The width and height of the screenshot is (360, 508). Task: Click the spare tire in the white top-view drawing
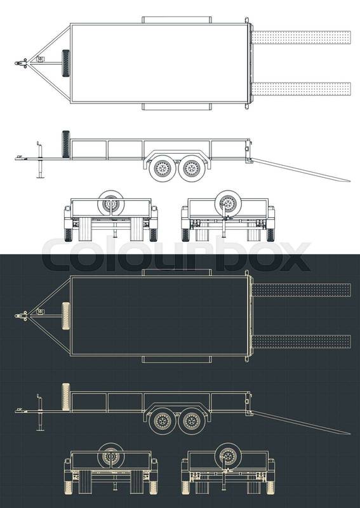65,63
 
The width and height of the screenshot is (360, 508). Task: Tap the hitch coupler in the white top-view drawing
22,63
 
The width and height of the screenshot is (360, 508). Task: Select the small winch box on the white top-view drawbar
41,59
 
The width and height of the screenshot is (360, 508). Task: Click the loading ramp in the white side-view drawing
301,170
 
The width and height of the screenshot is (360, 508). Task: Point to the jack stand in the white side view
40,160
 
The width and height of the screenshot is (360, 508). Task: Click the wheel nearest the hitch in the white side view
163,168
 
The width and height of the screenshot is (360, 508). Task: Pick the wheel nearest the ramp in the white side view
192,168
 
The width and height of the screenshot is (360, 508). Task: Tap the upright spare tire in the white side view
66,144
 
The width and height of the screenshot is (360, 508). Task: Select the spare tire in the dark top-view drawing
66,316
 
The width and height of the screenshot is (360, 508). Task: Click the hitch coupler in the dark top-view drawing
22,316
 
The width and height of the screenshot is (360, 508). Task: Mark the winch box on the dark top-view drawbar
41,312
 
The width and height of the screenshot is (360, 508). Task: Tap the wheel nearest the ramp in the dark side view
192,421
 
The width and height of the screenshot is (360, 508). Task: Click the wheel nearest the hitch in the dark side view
163,421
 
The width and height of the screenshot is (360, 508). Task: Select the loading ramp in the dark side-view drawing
301,422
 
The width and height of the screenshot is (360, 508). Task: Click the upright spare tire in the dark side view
66,397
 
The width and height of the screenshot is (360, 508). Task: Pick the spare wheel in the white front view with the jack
228,203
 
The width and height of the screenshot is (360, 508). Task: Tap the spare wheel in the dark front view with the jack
228,456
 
